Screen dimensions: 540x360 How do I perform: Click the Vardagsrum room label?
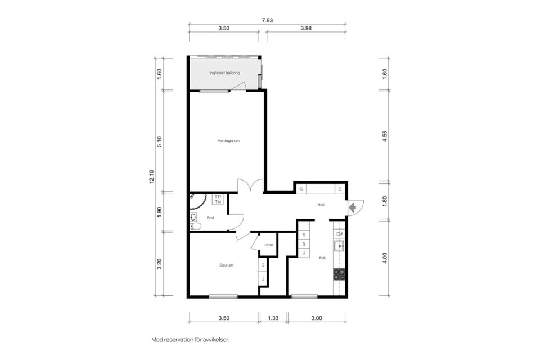point(228,141)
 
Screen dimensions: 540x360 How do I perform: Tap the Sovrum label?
point(226,265)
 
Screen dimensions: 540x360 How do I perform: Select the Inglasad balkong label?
point(224,73)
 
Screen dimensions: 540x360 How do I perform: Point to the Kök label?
point(322,258)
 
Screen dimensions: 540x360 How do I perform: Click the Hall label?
point(321,205)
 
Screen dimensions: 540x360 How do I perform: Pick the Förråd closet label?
point(269,245)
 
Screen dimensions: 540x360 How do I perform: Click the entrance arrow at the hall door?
point(352,208)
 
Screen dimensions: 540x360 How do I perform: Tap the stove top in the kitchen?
point(339,274)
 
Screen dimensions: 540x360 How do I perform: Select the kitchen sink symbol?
point(339,246)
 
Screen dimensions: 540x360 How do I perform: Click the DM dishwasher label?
point(340,234)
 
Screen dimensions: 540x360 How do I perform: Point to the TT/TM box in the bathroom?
point(218,200)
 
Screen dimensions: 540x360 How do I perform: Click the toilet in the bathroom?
point(196,226)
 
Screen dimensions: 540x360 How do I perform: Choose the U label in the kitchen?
point(304,253)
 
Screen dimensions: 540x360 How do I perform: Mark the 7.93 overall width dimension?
point(267,20)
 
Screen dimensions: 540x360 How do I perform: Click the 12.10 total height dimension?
point(151,177)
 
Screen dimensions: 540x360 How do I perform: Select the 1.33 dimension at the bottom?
point(273,318)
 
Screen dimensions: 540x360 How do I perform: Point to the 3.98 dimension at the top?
point(306,28)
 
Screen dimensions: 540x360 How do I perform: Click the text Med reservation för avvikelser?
point(191,340)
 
